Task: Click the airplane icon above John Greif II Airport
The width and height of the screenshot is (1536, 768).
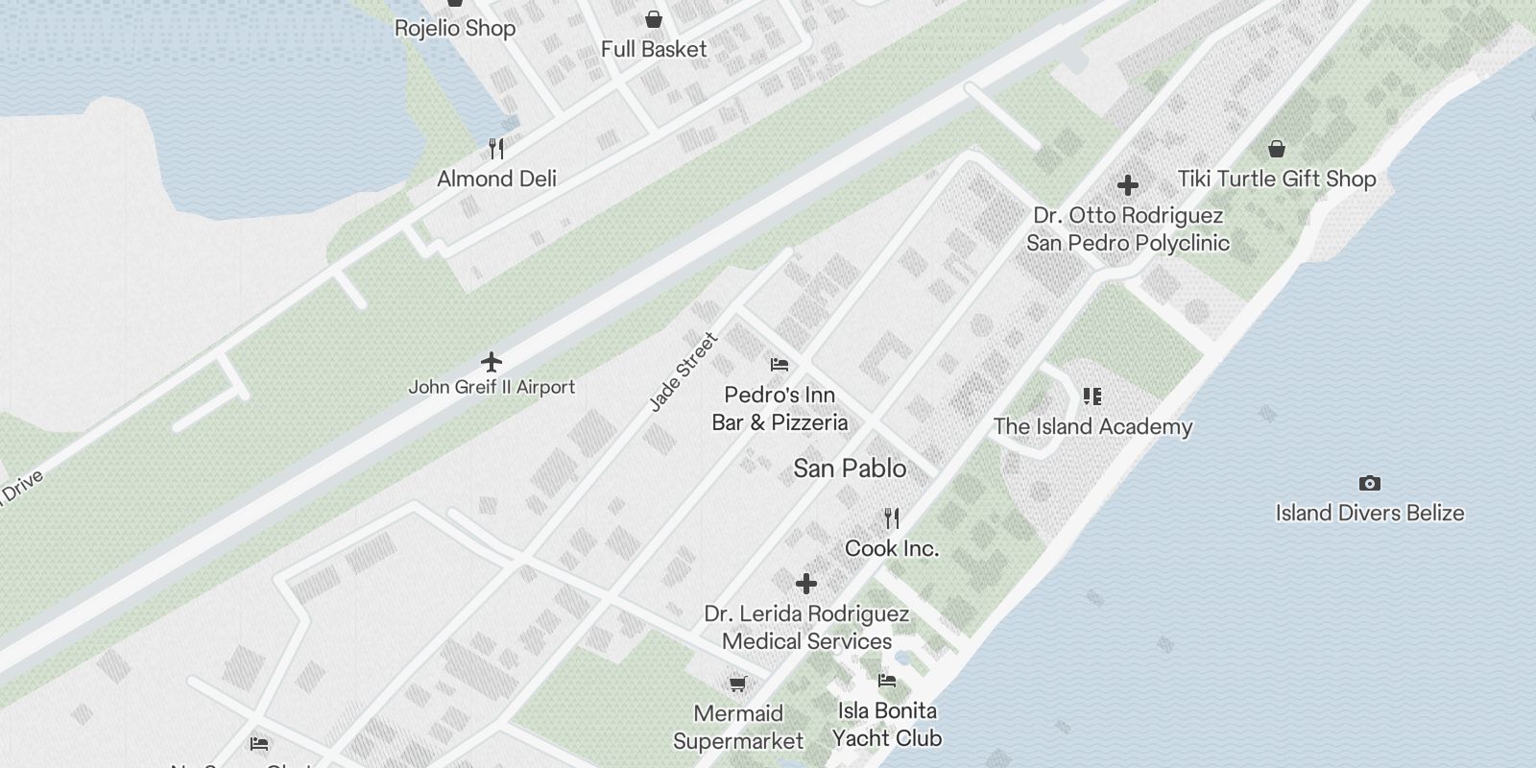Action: click(492, 362)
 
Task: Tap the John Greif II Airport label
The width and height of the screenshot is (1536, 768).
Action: click(492, 387)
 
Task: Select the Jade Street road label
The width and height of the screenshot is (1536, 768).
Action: click(684, 372)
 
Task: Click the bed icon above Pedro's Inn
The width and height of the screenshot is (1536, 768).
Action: click(780, 365)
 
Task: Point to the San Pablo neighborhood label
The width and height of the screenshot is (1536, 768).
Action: click(850, 468)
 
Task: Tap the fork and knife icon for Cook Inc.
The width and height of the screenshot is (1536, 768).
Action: click(892, 518)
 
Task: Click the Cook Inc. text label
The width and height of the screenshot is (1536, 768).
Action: click(892, 548)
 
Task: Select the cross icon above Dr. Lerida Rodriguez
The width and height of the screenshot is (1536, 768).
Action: click(806, 583)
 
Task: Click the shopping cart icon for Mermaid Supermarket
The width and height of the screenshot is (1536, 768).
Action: click(737, 684)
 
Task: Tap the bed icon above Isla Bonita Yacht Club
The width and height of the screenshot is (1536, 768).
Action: click(887, 681)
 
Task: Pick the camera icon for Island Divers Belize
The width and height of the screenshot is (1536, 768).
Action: click(1370, 483)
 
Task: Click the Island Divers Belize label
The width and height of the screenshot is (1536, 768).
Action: click(1370, 513)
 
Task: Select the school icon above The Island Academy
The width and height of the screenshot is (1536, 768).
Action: click(1092, 396)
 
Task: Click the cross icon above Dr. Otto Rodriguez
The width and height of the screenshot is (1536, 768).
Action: click(1128, 184)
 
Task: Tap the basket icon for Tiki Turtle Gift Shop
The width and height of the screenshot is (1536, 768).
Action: click(1277, 149)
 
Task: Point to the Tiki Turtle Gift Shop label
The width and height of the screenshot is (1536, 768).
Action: click(1277, 179)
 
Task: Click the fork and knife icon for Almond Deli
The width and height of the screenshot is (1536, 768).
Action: click(496, 148)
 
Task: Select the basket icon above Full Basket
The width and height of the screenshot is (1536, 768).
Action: click(654, 19)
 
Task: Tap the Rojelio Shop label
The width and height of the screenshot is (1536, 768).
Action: click(455, 29)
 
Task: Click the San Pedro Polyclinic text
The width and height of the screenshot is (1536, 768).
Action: click(1128, 243)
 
